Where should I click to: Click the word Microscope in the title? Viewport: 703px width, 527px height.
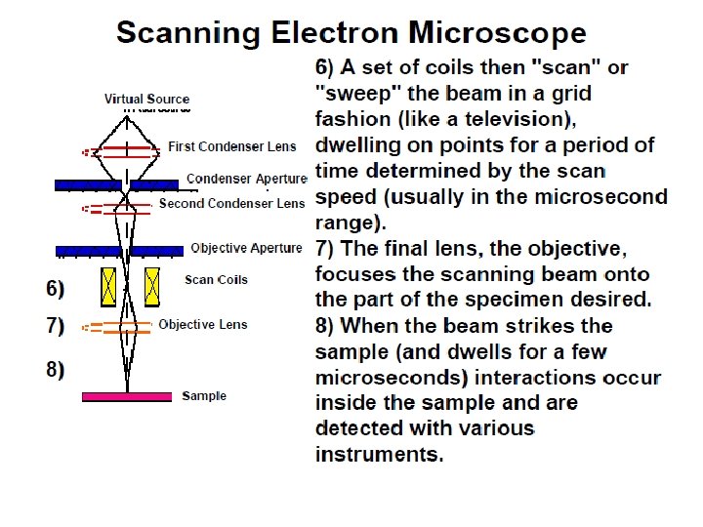tap(498, 34)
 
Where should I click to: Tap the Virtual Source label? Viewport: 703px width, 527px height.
tap(147, 99)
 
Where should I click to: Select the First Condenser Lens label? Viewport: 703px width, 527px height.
tap(232, 146)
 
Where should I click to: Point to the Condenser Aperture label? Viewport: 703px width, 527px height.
tap(246, 179)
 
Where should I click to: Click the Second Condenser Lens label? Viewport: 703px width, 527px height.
tap(232, 204)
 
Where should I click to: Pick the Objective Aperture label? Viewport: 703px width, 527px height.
tap(246, 248)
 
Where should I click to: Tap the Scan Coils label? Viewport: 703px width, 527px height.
tap(216, 280)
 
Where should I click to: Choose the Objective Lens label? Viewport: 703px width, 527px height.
tap(203, 324)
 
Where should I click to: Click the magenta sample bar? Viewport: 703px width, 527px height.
tap(127, 396)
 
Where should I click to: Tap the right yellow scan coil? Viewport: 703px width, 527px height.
tap(151, 287)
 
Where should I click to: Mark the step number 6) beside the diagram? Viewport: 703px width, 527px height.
tap(56, 288)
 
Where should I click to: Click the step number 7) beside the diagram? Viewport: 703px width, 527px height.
tap(56, 325)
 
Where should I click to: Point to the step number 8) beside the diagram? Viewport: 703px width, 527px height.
tap(56, 370)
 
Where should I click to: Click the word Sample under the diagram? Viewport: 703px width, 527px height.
tap(204, 396)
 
